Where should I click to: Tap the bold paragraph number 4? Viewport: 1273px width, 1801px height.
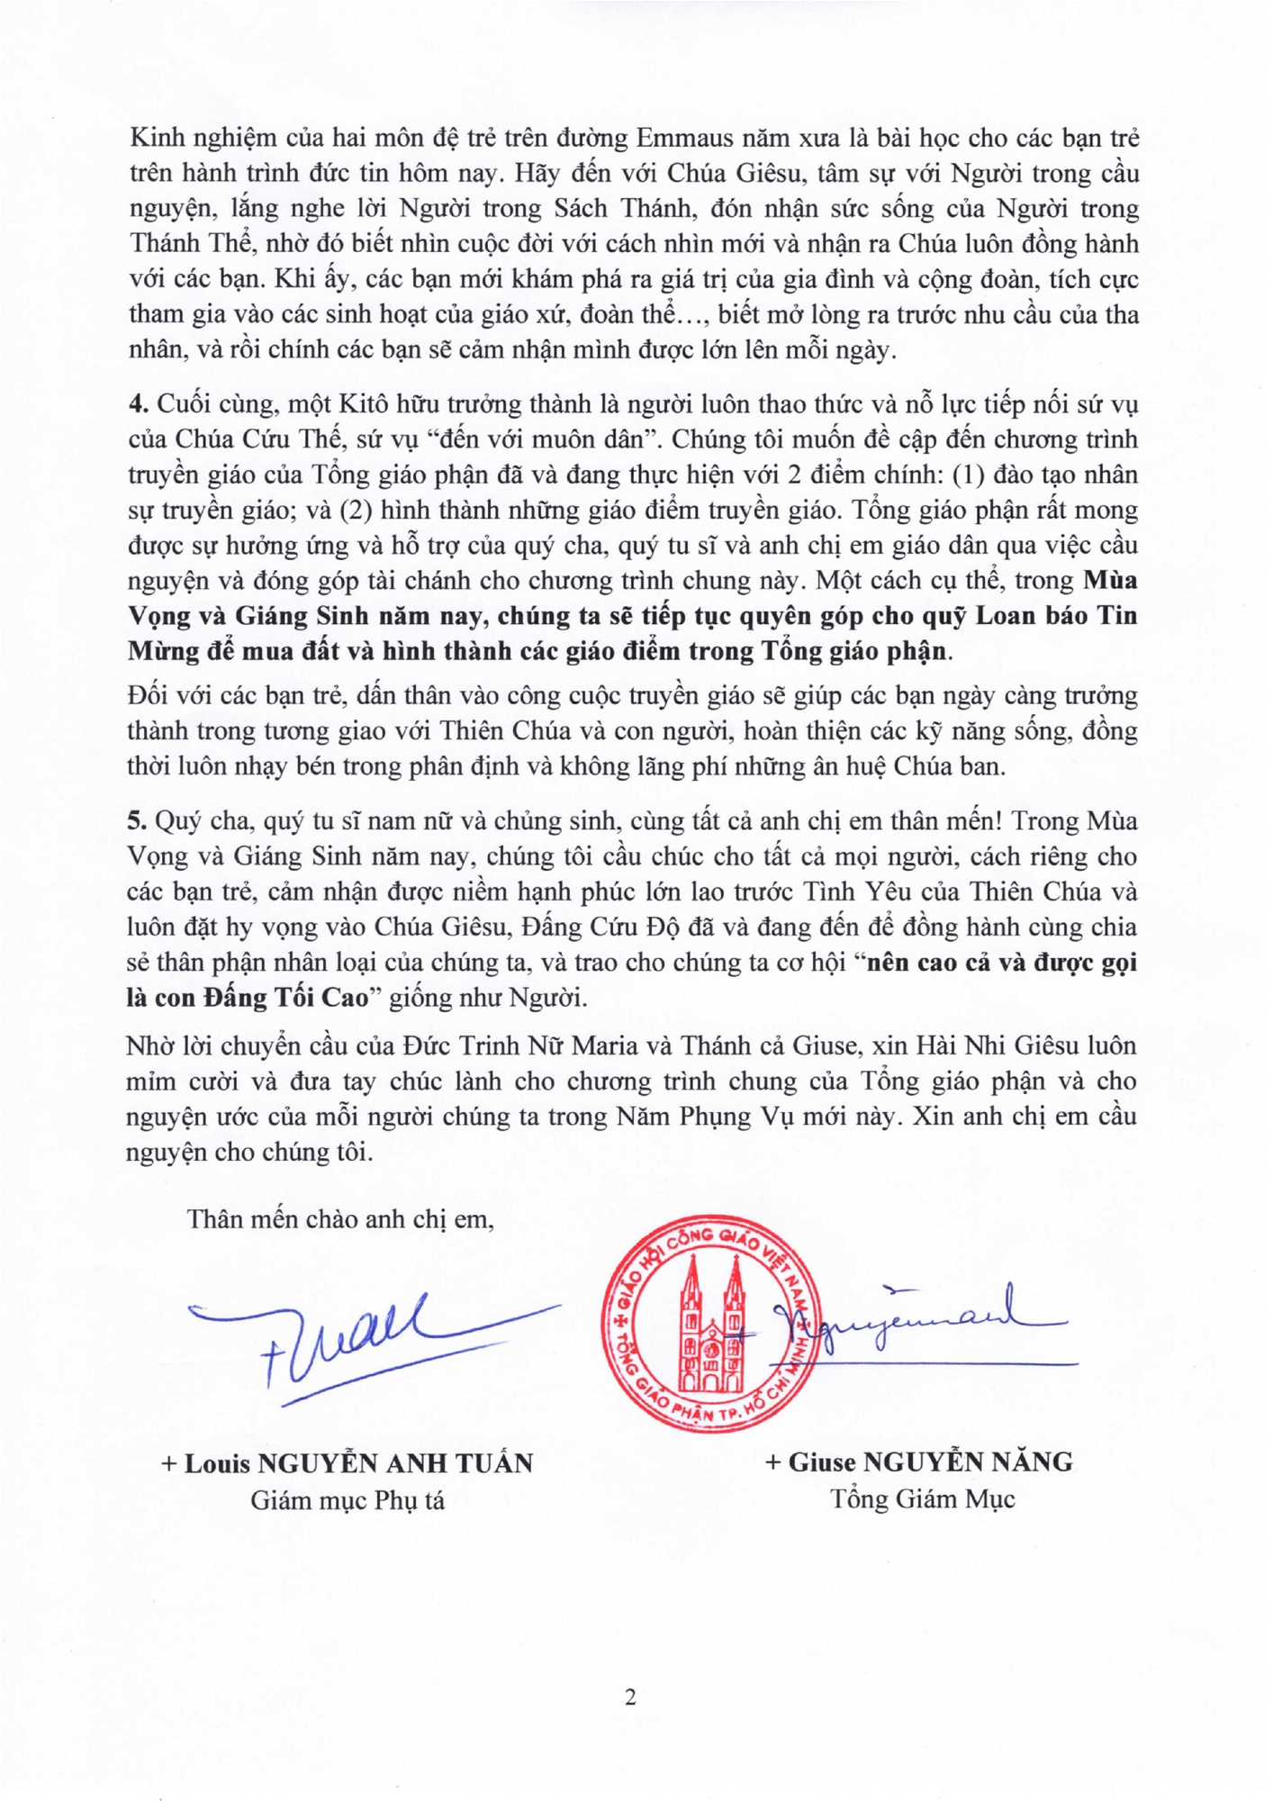click(x=137, y=403)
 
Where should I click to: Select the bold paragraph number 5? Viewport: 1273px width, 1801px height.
click(x=137, y=820)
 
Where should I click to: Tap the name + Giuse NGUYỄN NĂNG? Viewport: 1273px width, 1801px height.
click(x=918, y=1462)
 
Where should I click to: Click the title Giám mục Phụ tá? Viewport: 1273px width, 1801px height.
click(x=347, y=1500)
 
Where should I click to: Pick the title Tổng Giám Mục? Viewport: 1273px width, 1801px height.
click(x=922, y=1499)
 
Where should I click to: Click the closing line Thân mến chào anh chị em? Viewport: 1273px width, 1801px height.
click(x=339, y=1219)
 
